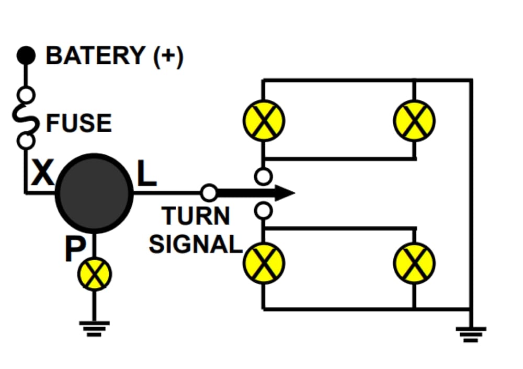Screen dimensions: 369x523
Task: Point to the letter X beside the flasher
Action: [42, 174]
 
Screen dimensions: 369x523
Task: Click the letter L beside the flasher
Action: [147, 176]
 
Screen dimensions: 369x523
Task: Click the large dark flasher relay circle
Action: [94, 193]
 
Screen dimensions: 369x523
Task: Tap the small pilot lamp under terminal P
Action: [95, 274]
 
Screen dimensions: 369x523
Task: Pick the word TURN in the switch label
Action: [196, 216]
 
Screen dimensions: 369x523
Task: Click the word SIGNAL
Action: [195, 244]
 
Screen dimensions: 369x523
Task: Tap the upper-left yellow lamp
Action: [264, 121]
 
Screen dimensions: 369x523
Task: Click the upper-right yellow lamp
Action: [414, 121]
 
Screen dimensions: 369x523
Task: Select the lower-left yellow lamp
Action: [264, 263]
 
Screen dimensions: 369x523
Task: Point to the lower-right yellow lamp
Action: [414, 263]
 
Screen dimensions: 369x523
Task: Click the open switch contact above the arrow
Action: [264, 176]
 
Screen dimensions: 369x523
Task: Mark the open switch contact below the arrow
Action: [264, 211]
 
